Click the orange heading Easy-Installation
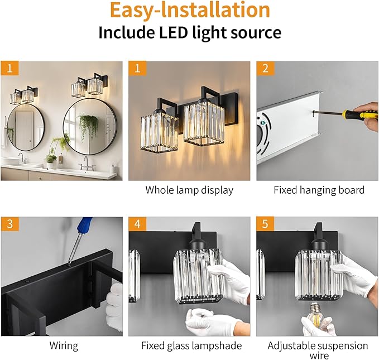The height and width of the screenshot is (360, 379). (189, 10)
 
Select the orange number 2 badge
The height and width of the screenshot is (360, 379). (265, 69)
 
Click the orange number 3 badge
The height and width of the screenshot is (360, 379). (8, 224)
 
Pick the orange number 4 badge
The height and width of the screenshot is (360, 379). (137, 224)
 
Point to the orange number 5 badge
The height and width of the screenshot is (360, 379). (265, 224)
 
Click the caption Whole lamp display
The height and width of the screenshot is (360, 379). (189, 190)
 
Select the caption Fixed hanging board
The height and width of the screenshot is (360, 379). (318, 190)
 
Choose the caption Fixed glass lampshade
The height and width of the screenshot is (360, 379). (191, 346)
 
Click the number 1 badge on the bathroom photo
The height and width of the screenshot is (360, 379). (8, 69)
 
